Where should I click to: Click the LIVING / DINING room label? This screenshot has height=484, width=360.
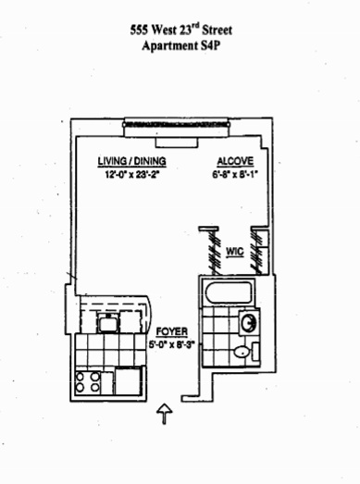point(131,161)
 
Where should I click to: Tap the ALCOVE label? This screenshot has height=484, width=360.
point(235,161)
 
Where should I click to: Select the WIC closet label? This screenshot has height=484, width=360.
point(235,252)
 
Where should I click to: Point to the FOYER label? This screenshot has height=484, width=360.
point(172,332)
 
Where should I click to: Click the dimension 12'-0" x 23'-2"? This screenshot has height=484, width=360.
point(131,175)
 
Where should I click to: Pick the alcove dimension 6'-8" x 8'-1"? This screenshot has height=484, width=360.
point(235,174)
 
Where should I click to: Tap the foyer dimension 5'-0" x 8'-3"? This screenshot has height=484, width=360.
point(172,344)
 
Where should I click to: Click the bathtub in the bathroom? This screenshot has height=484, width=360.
point(230,293)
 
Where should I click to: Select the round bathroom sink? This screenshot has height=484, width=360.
point(249,323)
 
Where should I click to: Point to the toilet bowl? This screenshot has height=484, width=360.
point(242,352)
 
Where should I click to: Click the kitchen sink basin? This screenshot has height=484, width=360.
point(107,324)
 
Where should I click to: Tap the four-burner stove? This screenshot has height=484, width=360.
point(88,382)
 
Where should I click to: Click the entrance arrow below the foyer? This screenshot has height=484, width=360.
point(165,414)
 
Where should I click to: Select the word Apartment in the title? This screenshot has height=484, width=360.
point(168,46)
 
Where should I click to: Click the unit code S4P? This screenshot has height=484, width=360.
point(209,46)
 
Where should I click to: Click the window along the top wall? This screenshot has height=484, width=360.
point(177,125)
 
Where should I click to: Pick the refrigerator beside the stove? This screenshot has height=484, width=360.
point(129,382)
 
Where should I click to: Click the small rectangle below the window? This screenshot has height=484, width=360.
point(176,143)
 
